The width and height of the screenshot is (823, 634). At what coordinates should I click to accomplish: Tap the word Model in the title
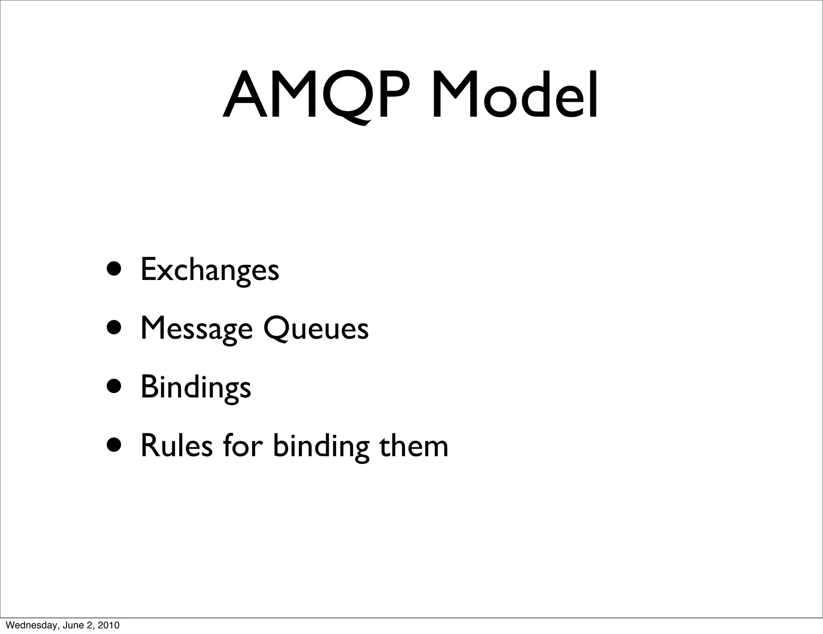[514, 96]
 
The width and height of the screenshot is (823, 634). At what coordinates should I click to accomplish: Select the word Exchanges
[209, 270]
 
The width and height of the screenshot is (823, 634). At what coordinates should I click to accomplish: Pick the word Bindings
[196, 387]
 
